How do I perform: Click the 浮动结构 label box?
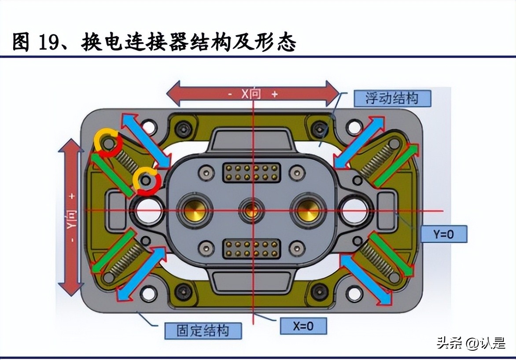click(392, 98)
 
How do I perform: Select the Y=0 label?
click(443, 234)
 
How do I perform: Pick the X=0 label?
click(303, 326)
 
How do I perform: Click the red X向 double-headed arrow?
click(253, 93)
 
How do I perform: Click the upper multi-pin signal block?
click(252, 173)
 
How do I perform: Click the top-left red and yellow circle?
click(107, 143)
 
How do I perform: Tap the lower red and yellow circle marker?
click(146, 180)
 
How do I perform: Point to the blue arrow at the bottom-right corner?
click(366, 280)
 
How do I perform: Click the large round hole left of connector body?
click(148, 210)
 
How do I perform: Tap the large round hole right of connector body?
click(355, 210)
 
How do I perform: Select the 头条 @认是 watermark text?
click(471, 343)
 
